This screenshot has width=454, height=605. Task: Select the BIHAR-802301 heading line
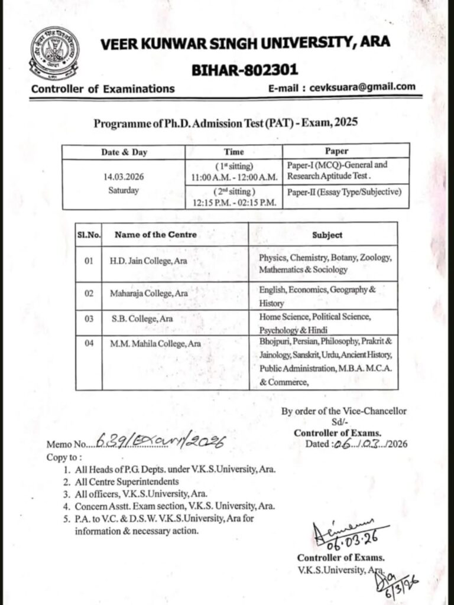245,70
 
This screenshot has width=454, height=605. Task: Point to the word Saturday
124,190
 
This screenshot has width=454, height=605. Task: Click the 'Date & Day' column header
124,152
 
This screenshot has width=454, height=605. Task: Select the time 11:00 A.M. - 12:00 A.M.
234,177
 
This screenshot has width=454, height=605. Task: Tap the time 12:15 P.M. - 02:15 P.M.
234,202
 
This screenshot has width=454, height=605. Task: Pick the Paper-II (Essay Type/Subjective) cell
344,191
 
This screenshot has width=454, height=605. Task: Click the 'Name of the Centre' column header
155,235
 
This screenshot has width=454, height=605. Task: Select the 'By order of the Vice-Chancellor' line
343,411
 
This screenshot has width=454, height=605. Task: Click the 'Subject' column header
327,235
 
